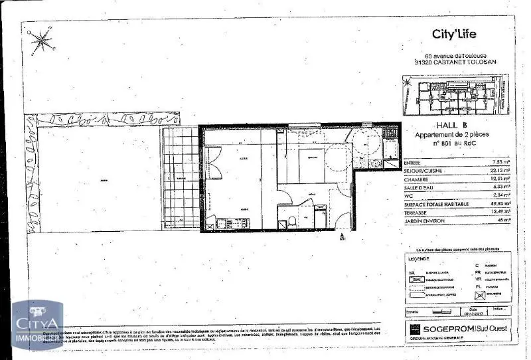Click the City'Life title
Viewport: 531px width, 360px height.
point(454,35)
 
